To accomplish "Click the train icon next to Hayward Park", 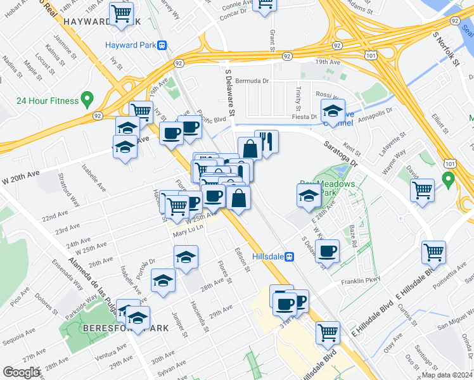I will tap(163, 45).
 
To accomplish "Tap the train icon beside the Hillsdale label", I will tap(289, 256).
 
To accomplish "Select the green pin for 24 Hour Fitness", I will tap(87, 100).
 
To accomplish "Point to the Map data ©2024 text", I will tap(447, 375).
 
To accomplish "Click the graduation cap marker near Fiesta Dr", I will tap(333, 111).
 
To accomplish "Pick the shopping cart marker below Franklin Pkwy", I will tap(434, 252).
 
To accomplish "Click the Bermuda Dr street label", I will tap(252, 81).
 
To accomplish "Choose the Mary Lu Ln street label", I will tap(188, 234).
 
